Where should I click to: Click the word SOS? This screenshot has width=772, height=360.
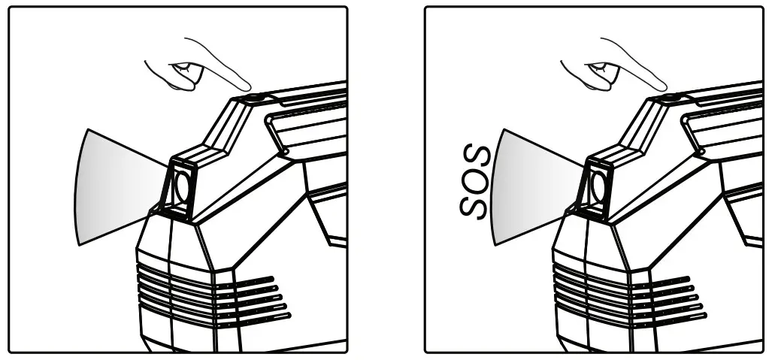click(474, 180)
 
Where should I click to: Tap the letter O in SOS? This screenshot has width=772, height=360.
click(474, 180)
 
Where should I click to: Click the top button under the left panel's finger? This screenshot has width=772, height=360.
click(255, 98)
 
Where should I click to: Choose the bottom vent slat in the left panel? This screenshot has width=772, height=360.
click(214, 318)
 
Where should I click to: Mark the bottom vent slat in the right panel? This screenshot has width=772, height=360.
click(630, 318)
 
